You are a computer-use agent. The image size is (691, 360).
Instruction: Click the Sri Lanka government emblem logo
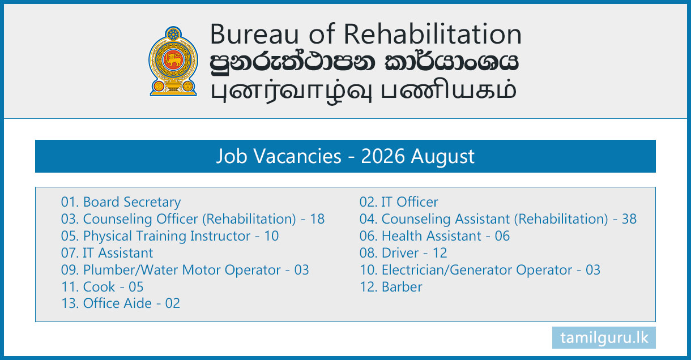pyautogui.click(x=173, y=61)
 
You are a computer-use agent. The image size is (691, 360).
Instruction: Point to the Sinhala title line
pyautogui.click(x=364, y=62)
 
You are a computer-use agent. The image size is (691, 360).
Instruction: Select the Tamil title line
pyautogui.click(x=364, y=91)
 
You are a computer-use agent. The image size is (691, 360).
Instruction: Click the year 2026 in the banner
pyautogui.click(x=382, y=156)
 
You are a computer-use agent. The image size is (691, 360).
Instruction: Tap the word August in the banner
pyautogui.click(x=442, y=157)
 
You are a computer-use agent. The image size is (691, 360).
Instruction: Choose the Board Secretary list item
pyautogui.click(x=121, y=202)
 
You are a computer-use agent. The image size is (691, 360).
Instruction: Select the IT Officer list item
pyautogui.click(x=399, y=202)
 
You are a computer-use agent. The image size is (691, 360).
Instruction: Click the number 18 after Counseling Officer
pyautogui.click(x=317, y=219)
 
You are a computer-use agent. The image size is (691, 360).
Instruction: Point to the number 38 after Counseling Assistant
pyautogui.click(x=629, y=219)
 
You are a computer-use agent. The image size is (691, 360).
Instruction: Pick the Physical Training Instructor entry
pyautogui.click(x=170, y=237)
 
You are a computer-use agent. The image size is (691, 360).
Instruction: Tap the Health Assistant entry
pyautogui.click(x=434, y=236)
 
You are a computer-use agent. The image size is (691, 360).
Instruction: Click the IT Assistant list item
pyautogui.click(x=107, y=253)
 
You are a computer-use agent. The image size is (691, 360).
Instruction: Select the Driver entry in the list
pyautogui.click(x=403, y=253)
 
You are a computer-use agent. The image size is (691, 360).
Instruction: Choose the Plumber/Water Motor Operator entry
pyautogui.click(x=185, y=270)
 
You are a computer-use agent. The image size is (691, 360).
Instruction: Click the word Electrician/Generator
pyautogui.click(x=447, y=270)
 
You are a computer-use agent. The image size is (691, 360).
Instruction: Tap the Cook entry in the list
pyautogui.click(x=102, y=287)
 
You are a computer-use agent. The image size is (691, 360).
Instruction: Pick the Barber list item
pyautogui.click(x=391, y=287)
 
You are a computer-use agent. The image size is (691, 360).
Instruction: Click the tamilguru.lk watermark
pyautogui.click(x=604, y=338)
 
